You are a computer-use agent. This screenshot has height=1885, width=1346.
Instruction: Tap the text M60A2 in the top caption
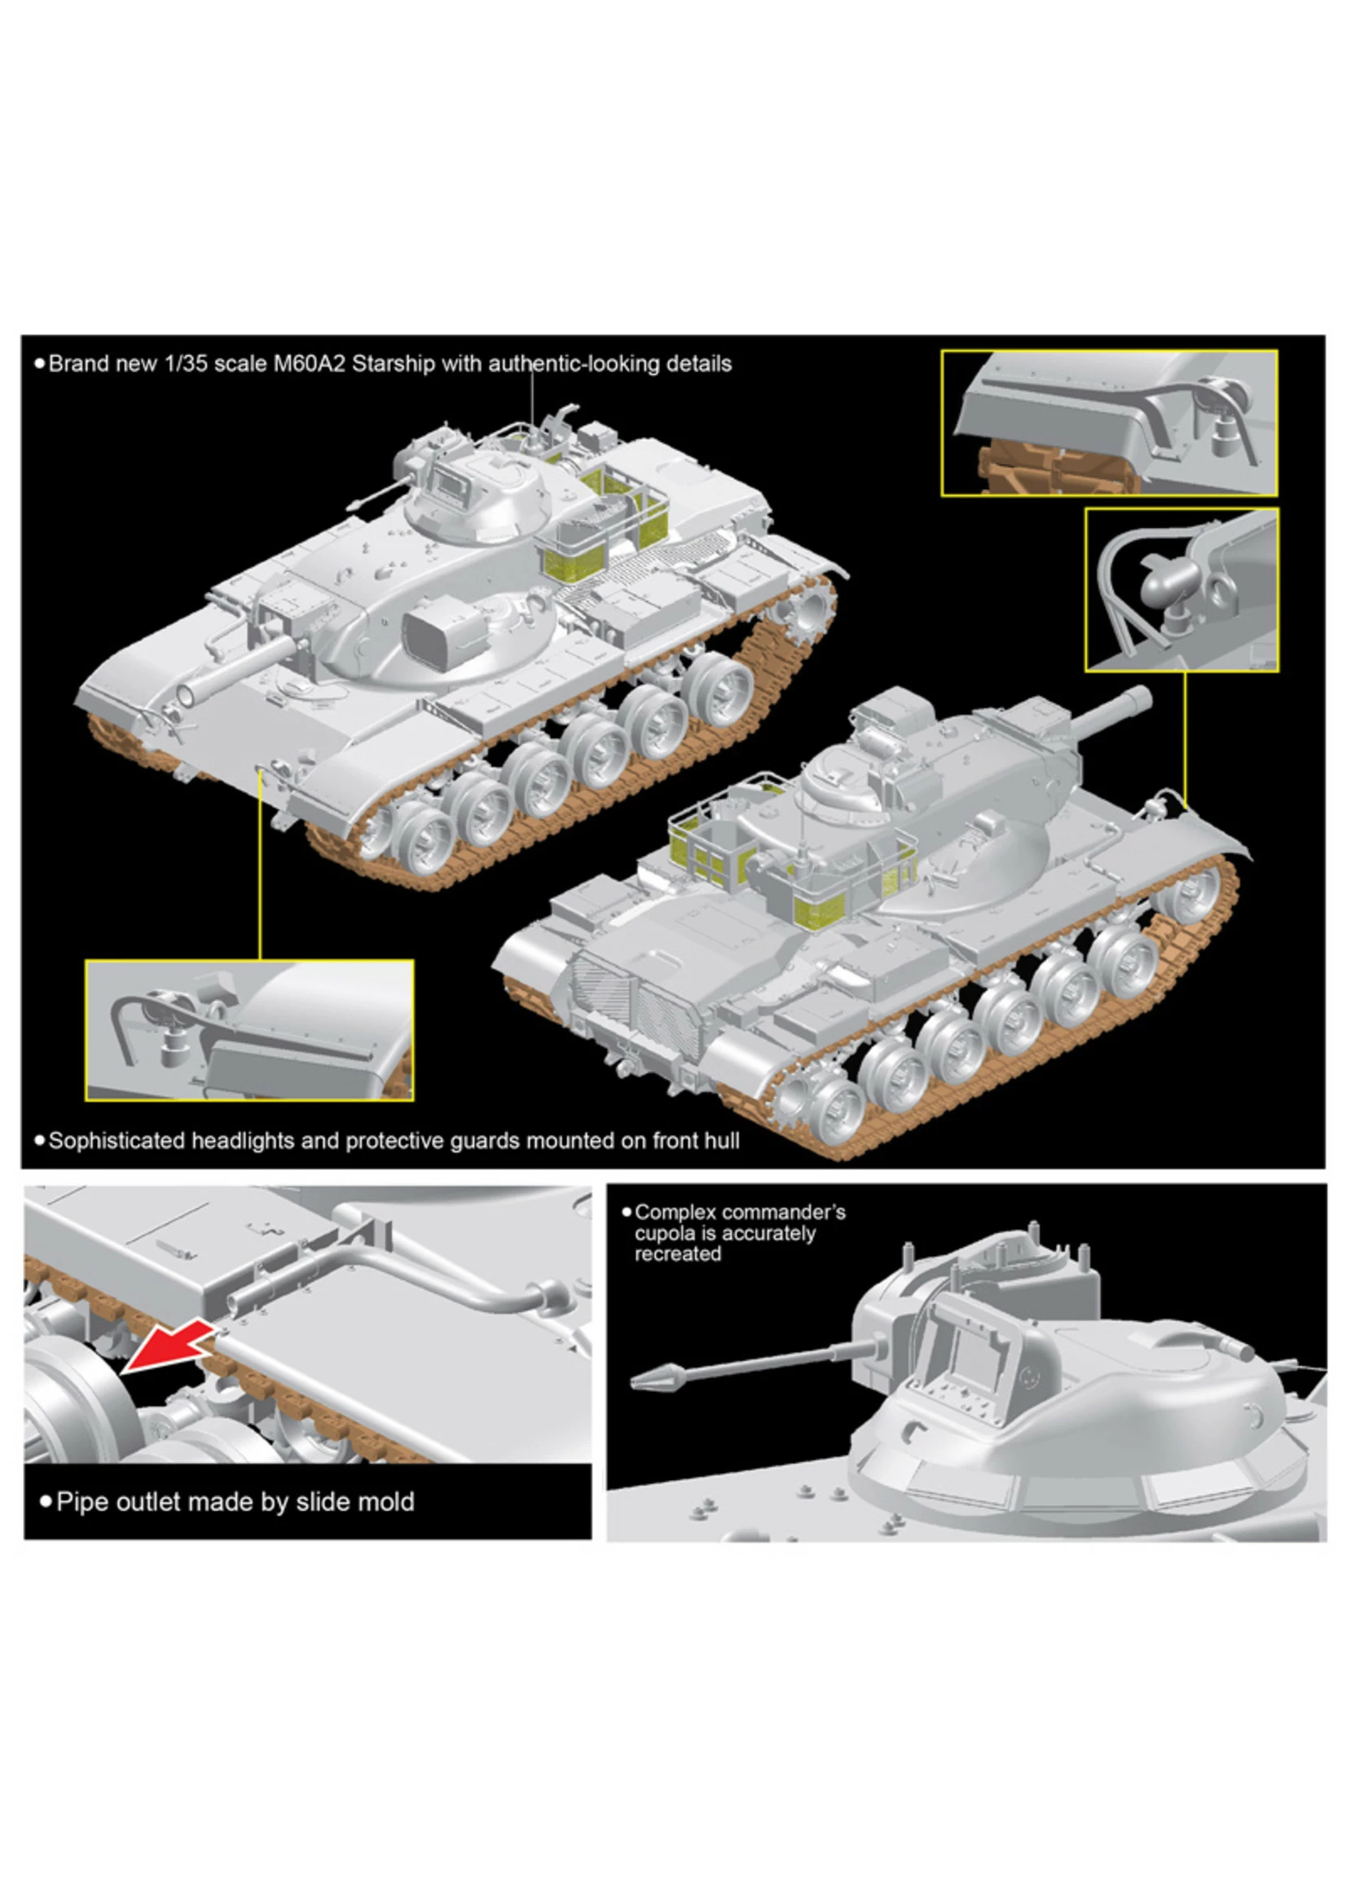click(x=309, y=364)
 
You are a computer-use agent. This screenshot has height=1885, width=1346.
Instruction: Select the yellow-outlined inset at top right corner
click(x=1108, y=424)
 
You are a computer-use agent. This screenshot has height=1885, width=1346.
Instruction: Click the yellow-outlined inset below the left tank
click(x=249, y=1030)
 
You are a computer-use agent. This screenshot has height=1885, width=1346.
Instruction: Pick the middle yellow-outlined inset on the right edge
click(x=1181, y=590)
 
